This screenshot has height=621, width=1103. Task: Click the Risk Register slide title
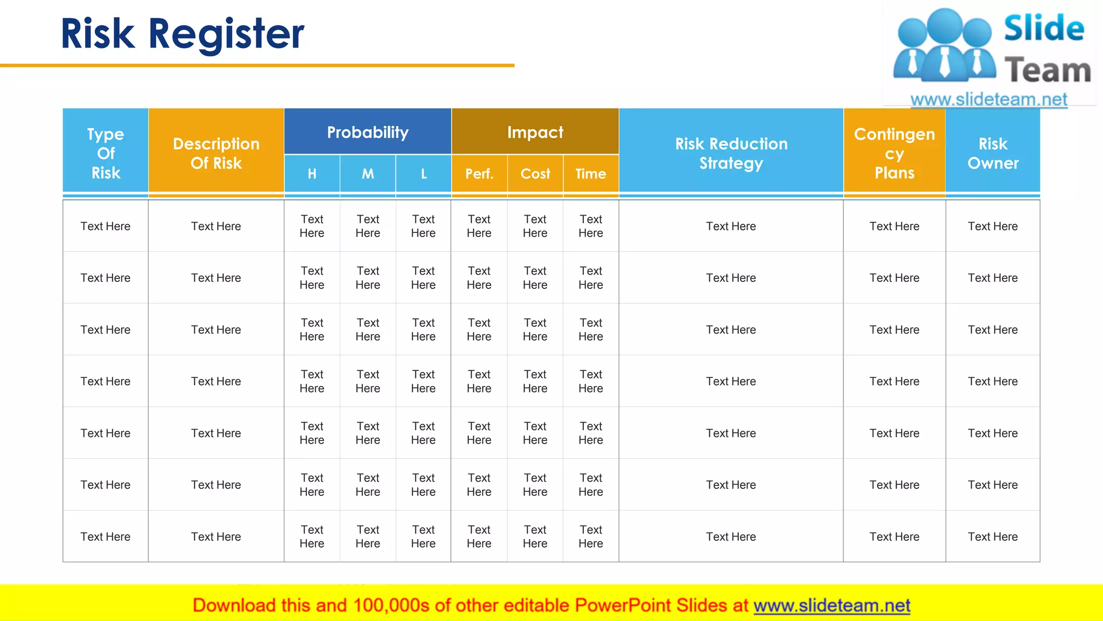183,33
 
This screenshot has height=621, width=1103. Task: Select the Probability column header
367,132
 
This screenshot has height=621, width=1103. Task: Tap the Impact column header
535,132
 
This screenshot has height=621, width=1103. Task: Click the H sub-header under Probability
312,174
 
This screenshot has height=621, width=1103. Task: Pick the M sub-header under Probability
368,174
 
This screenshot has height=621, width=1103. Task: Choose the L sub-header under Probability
423,174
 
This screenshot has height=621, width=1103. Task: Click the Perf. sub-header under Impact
479,174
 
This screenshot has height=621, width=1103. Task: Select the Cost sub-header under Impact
535,174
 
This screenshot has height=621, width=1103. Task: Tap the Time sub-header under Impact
591,174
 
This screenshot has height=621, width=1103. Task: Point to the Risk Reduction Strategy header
731,153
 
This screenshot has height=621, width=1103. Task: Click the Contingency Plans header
894,153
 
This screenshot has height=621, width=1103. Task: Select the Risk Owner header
993,153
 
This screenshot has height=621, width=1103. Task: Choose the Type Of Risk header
106,153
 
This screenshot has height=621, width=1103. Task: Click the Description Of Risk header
216,153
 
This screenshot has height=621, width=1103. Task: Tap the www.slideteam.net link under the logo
988,99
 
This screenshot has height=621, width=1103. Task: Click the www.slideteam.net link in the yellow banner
832,605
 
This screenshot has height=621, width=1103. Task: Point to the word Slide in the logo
1044,28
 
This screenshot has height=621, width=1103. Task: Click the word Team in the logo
1048,71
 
